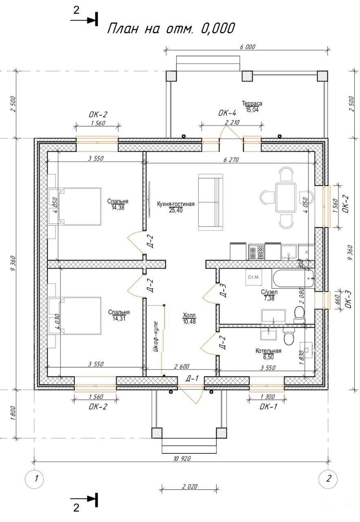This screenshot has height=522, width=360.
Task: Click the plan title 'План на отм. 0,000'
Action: (x=171, y=29)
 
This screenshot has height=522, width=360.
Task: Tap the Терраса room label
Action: (x=252, y=103)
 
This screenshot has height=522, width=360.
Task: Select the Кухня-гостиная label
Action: (x=176, y=204)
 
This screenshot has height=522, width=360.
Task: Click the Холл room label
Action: (x=189, y=315)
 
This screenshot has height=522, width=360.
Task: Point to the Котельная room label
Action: (x=269, y=351)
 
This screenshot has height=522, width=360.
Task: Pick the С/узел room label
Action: (x=269, y=292)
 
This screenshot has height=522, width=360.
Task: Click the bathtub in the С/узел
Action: (x=293, y=279)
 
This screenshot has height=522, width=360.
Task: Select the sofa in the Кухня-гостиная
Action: (x=211, y=202)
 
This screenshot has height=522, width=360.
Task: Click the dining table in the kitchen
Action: (x=286, y=197)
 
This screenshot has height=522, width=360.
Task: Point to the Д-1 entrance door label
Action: (x=192, y=378)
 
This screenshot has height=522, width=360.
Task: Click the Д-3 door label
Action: (x=223, y=290)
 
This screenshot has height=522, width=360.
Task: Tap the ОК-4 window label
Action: (x=227, y=113)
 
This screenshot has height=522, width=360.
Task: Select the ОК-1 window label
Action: (x=269, y=407)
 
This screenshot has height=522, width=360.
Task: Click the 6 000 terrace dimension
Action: (x=248, y=46)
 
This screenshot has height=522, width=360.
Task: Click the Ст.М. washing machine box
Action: (x=253, y=277)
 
